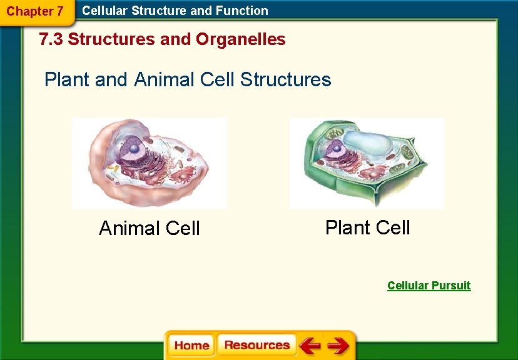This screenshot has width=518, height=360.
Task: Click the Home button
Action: [191, 345]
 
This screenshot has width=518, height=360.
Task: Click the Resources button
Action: [256, 345]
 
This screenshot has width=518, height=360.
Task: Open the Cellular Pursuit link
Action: [429, 286]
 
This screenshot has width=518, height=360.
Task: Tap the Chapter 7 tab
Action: [35, 11]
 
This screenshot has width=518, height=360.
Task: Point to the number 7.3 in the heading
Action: [51, 39]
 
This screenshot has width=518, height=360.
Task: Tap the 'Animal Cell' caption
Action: [150, 228]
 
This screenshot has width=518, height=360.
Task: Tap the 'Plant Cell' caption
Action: [367, 227]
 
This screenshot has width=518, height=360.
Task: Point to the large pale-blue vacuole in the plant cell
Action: [369, 143]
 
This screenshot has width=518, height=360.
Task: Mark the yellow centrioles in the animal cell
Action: [113, 169]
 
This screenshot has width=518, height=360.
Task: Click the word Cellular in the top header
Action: [105, 11]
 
